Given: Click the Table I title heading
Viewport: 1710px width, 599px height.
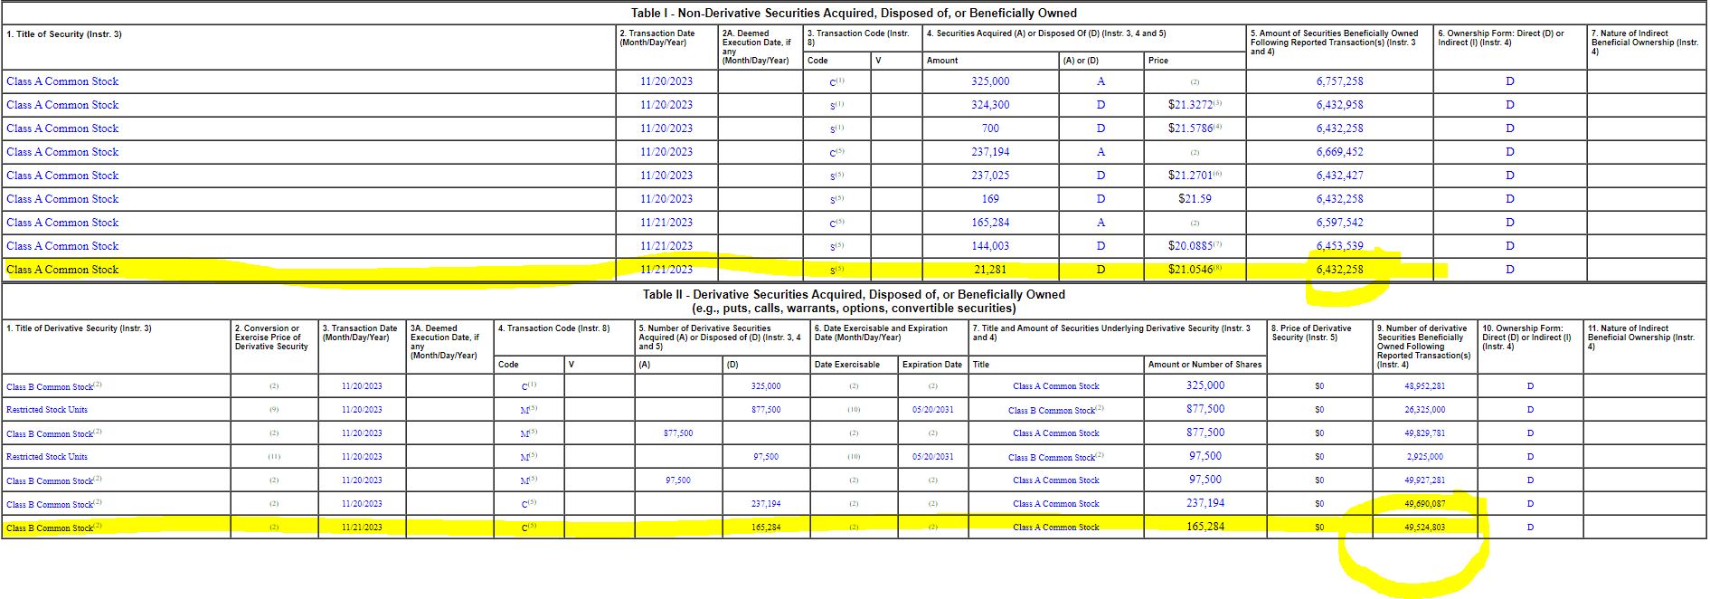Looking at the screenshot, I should click(x=854, y=13).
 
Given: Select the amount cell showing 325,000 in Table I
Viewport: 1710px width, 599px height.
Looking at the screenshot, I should click(x=990, y=81).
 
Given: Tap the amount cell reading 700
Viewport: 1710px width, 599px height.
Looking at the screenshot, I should click(x=990, y=128).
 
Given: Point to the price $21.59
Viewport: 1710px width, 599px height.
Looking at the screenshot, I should click(x=1194, y=199).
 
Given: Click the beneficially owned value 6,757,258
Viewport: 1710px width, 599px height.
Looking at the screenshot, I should click(x=1339, y=81).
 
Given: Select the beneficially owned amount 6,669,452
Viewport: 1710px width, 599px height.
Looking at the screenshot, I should click(x=1339, y=152).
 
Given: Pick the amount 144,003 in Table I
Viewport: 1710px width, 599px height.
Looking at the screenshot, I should click(x=990, y=246).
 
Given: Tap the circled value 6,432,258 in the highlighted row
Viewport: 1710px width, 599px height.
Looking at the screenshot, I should click(x=1339, y=270).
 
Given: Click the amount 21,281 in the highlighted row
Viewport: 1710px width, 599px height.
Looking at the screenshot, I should click(x=990, y=270).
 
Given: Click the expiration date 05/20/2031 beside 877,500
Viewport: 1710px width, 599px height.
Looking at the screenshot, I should click(x=932, y=410).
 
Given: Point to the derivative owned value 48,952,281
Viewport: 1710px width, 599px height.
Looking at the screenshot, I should click(x=1424, y=386).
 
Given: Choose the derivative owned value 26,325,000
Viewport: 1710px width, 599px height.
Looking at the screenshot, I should click(x=1424, y=410).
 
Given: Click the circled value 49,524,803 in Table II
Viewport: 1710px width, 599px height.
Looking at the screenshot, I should click(x=1424, y=528).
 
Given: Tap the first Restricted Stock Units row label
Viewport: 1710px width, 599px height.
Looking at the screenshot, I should click(x=47, y=410).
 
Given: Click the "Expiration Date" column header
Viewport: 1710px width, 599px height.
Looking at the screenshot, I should click(x=932, y=365).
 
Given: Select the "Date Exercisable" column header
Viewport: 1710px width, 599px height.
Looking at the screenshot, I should click(x=846, y=365).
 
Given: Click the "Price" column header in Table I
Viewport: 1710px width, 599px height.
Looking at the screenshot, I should click(x=1158, y=61).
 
